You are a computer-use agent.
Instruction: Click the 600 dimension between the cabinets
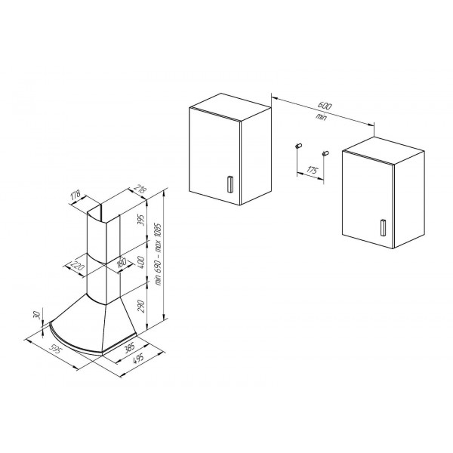click(325, 106)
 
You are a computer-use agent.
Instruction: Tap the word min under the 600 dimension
click(321, 117)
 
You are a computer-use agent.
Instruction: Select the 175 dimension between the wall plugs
click(312, 170)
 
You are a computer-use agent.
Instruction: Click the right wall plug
click(325, 153)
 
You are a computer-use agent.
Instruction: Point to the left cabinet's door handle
click(230, 184)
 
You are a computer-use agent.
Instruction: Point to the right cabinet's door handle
click(383, 228)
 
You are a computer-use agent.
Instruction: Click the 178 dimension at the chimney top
click(75, 195)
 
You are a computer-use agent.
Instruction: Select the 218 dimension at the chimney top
click(140, 190)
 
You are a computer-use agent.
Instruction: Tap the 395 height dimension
click(140, 220)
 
